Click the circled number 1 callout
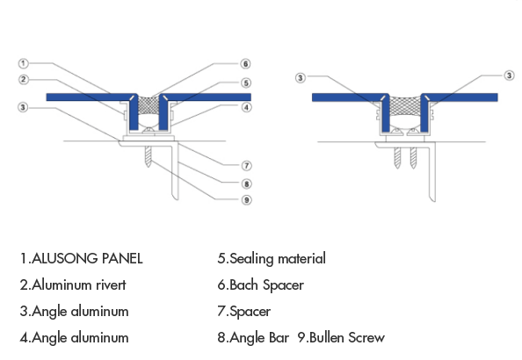coord(24,63)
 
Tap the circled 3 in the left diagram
coord(24,108)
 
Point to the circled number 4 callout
coord(247,108)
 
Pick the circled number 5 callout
coord(247,83)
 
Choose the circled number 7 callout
coord(247,165)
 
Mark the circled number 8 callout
coord(247,184)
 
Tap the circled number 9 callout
coord(247,199)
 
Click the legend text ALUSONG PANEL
coord(82,259)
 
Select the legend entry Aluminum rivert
coord(74,284)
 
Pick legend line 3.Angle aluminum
coord(74,311)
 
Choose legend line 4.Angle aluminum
coord(74,337)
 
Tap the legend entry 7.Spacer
coord(243,311)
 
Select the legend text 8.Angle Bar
coord(253,337)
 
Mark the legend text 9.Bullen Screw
coord(341,337)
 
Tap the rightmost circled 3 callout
coord(509,76)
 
